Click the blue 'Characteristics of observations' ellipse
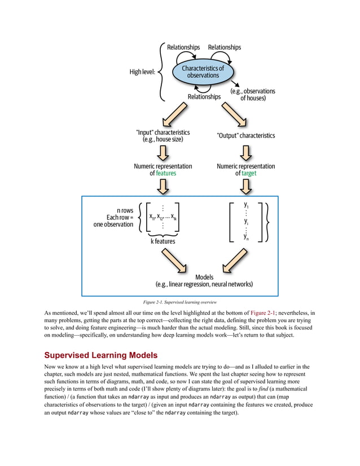[x=203, y=72]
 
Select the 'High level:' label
[x=142, y=72]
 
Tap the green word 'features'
[x=166, y=174]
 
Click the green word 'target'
[x=249, y=174]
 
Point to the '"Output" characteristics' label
[x=245, y=135]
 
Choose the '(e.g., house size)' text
[x=163, y=139]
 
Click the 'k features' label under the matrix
[x=163, y=241]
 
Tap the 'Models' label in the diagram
[x=204, y=277]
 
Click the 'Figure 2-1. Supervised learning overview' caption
[x=180, y=302]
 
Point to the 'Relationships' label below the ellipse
[x=204, y=96]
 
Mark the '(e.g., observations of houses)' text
[x=253, y=94]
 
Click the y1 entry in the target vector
[x=246, y=205]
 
